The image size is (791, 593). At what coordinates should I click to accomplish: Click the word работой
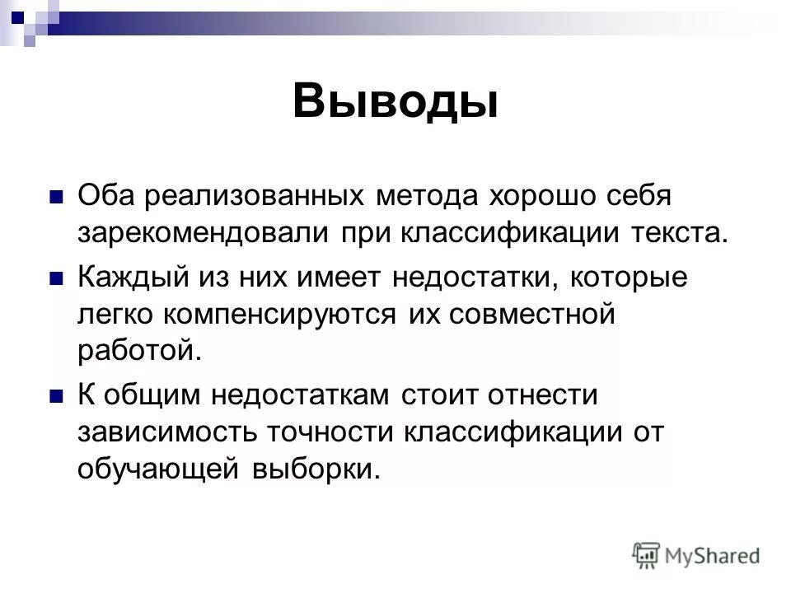[139, 350]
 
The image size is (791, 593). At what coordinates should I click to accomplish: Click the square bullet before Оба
[57, 198]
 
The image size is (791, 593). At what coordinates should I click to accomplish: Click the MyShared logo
[696, 554]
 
